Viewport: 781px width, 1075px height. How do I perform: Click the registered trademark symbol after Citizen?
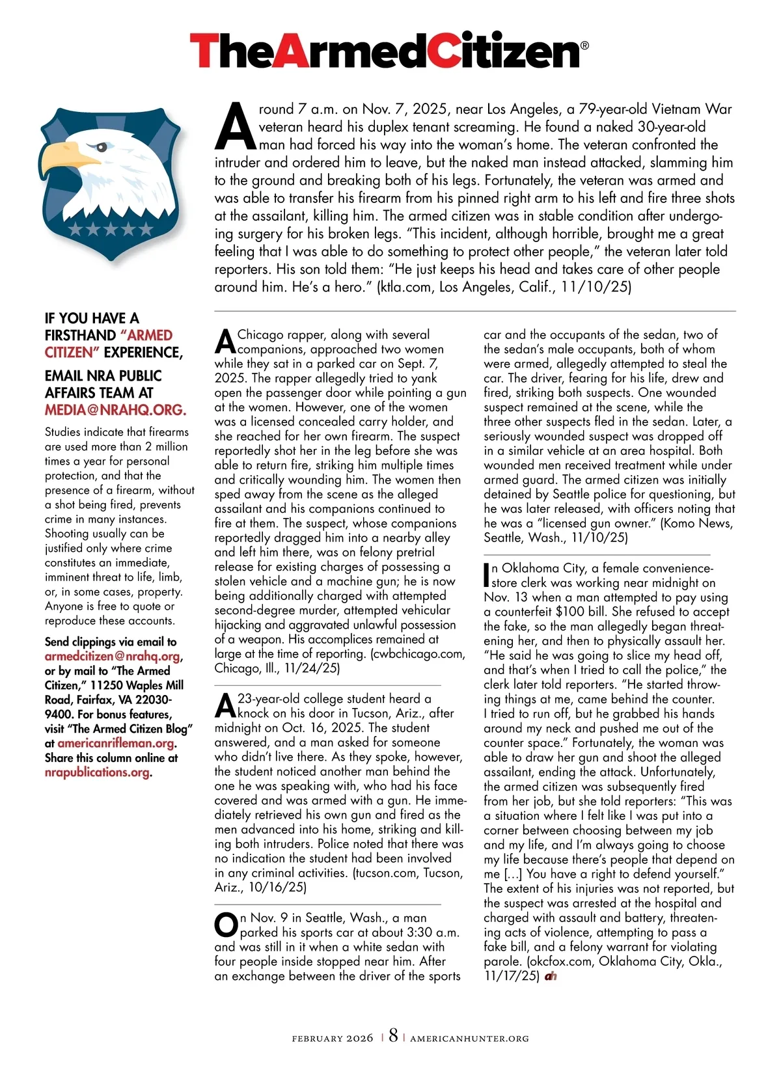pyautogui.click(x=584, y=46)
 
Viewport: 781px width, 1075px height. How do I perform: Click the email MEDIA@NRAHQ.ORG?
pyautogui.click(x=115, y=410)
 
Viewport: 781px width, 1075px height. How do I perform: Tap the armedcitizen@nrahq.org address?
pyautogui.click(x=112, y=657)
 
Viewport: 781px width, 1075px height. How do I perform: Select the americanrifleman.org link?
pyautogui.click(x=116, y=743)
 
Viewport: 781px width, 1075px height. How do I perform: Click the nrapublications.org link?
pyautogui.click(x=97, y=772)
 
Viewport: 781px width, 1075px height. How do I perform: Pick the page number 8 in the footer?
pyautogui.click(x=393, y=1036)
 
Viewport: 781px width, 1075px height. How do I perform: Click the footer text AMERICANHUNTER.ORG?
pyautogui.click(x=469, y=1039)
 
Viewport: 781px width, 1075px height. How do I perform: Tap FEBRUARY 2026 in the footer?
pyautogui.click(x=333, y=1039)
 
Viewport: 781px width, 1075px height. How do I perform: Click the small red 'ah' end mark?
pyautogui.click(x=551, y=976)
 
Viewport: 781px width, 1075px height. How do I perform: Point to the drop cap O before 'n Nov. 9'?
pyautogui.click(x=226, y=925)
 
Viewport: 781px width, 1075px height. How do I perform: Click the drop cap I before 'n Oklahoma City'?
pyautogui.click(x=487, y=574)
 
